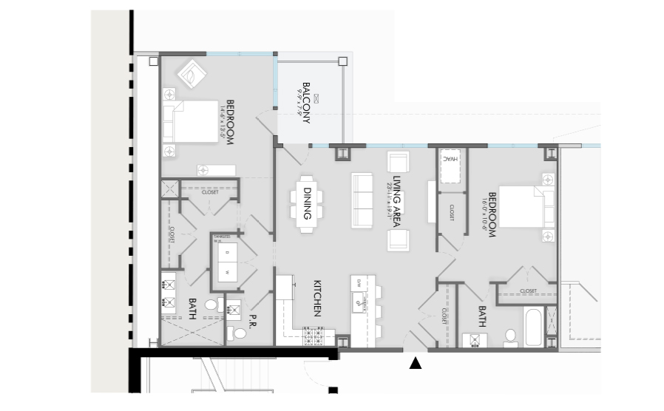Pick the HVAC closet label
pos(450,160)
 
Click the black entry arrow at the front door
pos(416,362)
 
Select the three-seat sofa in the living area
pos(362,200)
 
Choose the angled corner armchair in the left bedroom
pos(190,75)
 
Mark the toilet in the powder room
pos(235,333)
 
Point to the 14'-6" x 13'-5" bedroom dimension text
pos(220,123)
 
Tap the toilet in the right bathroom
pos(510,337)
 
